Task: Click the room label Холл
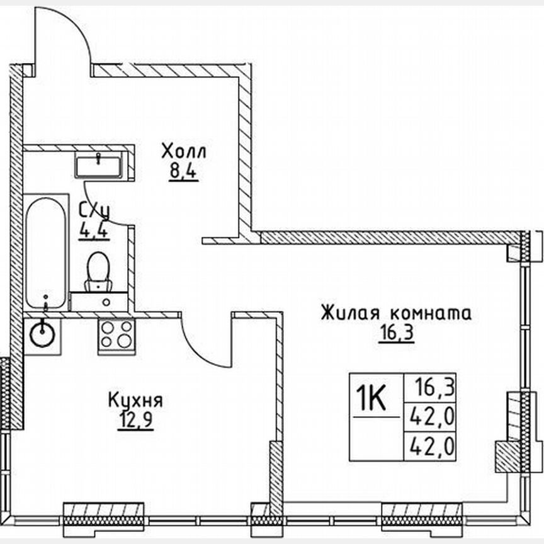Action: click(x=183, y=152)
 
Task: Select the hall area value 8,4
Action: click(x=183, y=172)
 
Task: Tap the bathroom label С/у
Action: click(x=93, y=210)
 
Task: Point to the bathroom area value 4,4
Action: click(x=93, y=230)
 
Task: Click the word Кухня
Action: click(x=135, y=400)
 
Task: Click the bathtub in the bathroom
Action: click(x=46, y=252)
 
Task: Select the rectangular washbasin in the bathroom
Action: click(x=99, y=166)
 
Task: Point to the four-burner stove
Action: click(x=116, y=334)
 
